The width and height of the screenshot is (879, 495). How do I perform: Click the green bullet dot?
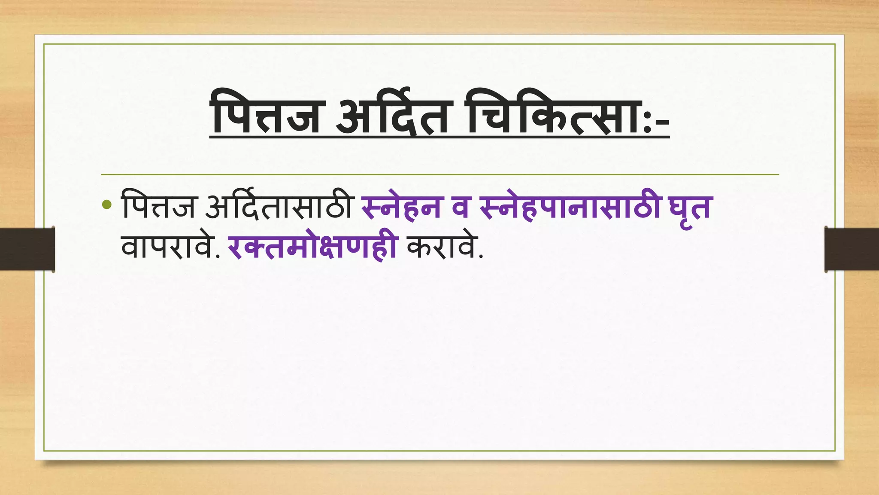[107, 205]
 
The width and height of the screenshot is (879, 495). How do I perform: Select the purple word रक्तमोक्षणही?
[312, 248]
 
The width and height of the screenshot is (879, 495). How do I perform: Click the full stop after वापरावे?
[217, 257]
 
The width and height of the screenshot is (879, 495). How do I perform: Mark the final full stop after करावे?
[480, 257]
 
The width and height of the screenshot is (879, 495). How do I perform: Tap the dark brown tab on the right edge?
[852, 249]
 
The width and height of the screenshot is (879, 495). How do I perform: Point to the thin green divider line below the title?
[439, 175]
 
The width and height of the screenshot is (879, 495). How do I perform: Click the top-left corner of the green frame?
[44, 44]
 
